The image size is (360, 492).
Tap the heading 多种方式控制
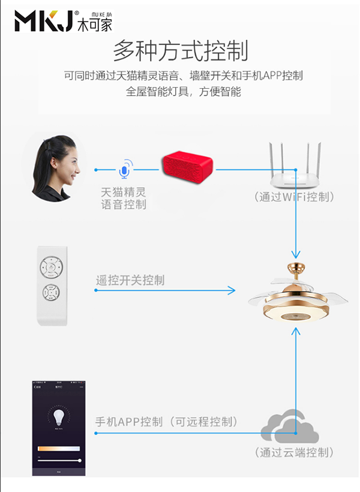180,50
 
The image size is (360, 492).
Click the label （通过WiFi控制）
294,197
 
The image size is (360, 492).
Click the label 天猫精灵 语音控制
124,199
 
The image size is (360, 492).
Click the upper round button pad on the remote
52,266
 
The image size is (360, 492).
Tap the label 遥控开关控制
130,280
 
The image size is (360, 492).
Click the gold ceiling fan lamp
296,294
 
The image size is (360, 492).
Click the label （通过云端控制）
294,452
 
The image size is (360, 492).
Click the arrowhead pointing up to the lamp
295,332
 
